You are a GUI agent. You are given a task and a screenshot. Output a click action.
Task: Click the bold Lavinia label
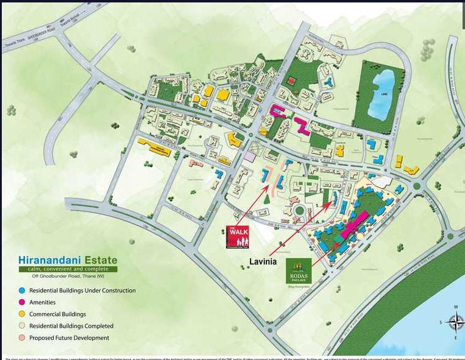263,261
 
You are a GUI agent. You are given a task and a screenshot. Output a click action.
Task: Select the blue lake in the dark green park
382,94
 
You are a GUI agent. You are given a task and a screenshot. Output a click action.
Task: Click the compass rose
455,321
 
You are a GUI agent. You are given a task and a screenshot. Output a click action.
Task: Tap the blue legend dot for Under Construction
22,291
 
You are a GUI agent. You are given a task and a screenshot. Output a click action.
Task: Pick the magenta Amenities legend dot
22,302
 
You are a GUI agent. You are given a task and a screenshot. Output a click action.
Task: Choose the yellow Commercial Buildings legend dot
22,314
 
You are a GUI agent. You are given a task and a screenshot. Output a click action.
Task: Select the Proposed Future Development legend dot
22,337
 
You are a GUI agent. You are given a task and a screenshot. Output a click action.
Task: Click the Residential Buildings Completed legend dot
22,326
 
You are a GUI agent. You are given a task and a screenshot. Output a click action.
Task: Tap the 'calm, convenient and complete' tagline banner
67,269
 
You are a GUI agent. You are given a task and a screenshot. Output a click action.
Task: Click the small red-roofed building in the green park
291,80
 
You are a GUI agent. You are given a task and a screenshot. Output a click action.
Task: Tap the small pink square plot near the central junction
250,157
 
